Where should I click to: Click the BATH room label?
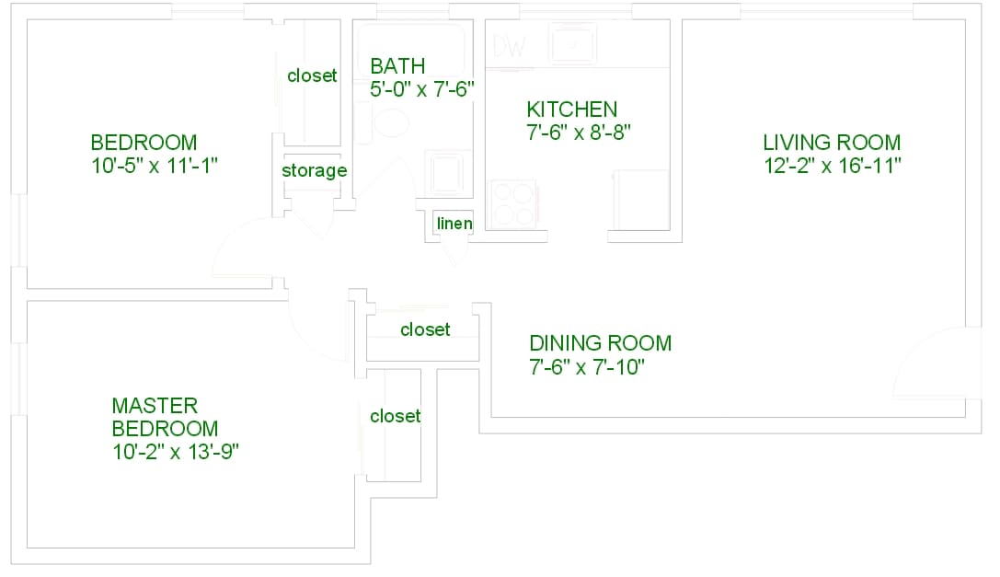[x=397, y=65]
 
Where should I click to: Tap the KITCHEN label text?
[x=572, y=110]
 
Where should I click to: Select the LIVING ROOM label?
[x=832, y=142]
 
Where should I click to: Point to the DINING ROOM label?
[x=600, y=342]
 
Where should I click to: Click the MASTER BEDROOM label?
[x=166, y=417]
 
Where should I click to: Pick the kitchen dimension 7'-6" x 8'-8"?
[x=579, y=133]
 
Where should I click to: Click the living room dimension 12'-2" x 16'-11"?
[x=833, y=166]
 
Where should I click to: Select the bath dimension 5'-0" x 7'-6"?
[x=422, y=88]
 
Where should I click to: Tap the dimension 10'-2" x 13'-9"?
[x=176, y=451]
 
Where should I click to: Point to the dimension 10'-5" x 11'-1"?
[x=155, y=166]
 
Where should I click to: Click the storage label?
[x=315, y=170]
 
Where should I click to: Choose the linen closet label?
[x=454, y=224]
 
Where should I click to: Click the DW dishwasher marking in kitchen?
[x=510, y=46]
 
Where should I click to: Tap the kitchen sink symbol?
[x=573, y=43]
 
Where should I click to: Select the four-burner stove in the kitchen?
[x=513, y=204]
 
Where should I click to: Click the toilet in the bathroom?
[x=385, y=121]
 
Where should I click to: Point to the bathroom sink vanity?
[x=446, y=172]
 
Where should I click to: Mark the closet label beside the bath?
[x=312, y=75]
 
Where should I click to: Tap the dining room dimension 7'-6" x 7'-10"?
[x=587, y=367]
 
